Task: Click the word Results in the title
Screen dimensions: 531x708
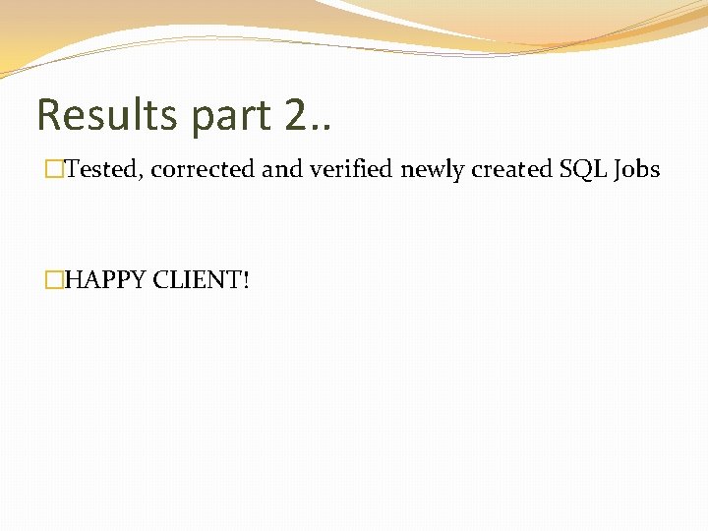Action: [107, 115]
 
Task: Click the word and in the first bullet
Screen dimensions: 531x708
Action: [281, 170]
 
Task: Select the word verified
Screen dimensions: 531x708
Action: [351, 170]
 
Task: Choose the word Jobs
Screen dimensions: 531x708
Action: [637, 170]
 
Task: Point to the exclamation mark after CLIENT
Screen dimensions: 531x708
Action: [246, 281]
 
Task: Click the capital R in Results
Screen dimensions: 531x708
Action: [49, 115]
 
